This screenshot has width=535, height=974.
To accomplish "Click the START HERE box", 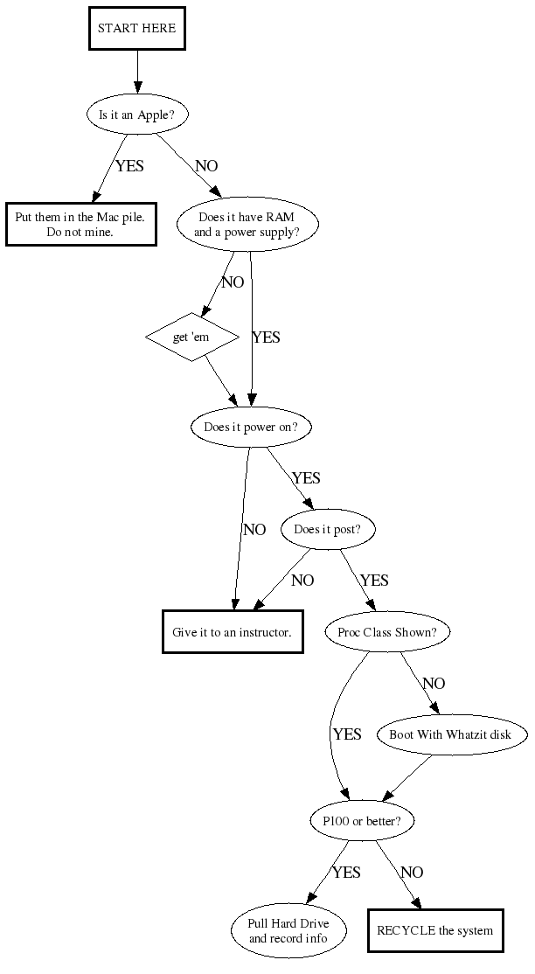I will point(136,28).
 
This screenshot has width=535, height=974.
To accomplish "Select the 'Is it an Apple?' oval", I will point(137,115).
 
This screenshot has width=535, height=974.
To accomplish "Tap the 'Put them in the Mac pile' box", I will point(80,225).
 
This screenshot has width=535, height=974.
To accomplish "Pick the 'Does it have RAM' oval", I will point(247,225).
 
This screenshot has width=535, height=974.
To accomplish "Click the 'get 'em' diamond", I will point(191,337).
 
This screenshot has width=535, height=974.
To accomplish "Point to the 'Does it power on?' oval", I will point(251,428).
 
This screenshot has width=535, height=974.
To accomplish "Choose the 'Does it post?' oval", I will point(328,529).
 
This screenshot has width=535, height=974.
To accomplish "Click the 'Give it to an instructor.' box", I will point(233,631).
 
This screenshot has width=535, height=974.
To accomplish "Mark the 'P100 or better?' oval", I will point(362,821).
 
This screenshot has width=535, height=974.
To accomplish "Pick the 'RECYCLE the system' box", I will point(434,930).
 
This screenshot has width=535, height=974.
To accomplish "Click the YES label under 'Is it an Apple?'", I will point(129,166).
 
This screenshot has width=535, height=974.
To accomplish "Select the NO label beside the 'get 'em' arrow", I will point(233,282).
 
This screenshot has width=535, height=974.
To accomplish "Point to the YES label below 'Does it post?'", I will point(374,581).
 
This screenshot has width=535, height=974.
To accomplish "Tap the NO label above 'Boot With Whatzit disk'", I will point(434,684).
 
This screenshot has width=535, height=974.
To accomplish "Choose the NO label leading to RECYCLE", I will point(412,873).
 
